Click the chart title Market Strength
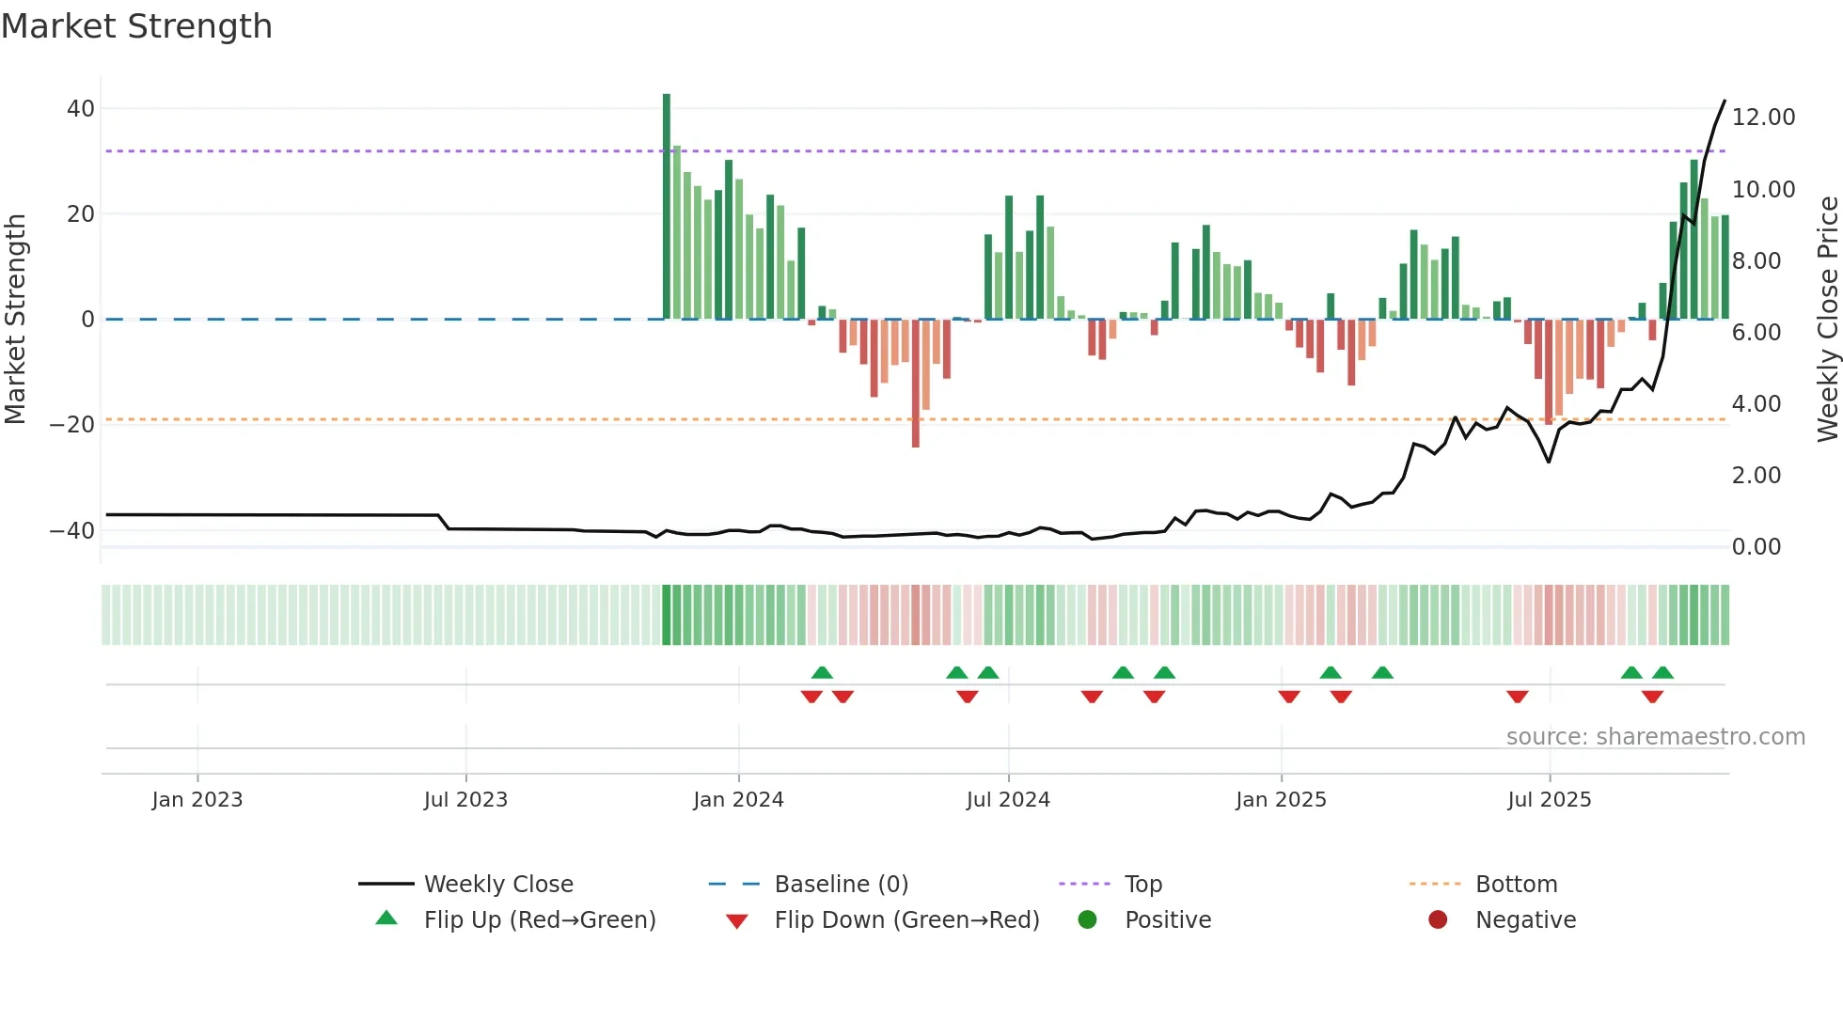pyautogui.click(x=136, y=26)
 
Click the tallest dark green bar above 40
pyautogui.click(x=667, y=207)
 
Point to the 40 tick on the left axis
pyautogui.click(x=81, y=109)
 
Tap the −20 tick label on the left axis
pyautogui.click(x=72, y=425)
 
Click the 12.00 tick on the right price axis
pyautogui.click(x=1763, y=118)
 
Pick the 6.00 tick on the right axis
pyautogui.click(x=1756, y=333)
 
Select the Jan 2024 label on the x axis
pyautogui.click(x=738, y=800)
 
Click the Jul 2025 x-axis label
pyautogui.click(x=1549, y=800)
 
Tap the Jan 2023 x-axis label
pyautogui.click(x=197, y=800)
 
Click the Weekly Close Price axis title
pyautogui.click(x=1827, y=320)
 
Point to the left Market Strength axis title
pyautogui.click(x=16, y=320)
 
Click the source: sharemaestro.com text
pyautogui.click(x=1655, y=737)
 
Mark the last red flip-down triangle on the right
pyautogui.click(x=1652, y=697)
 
